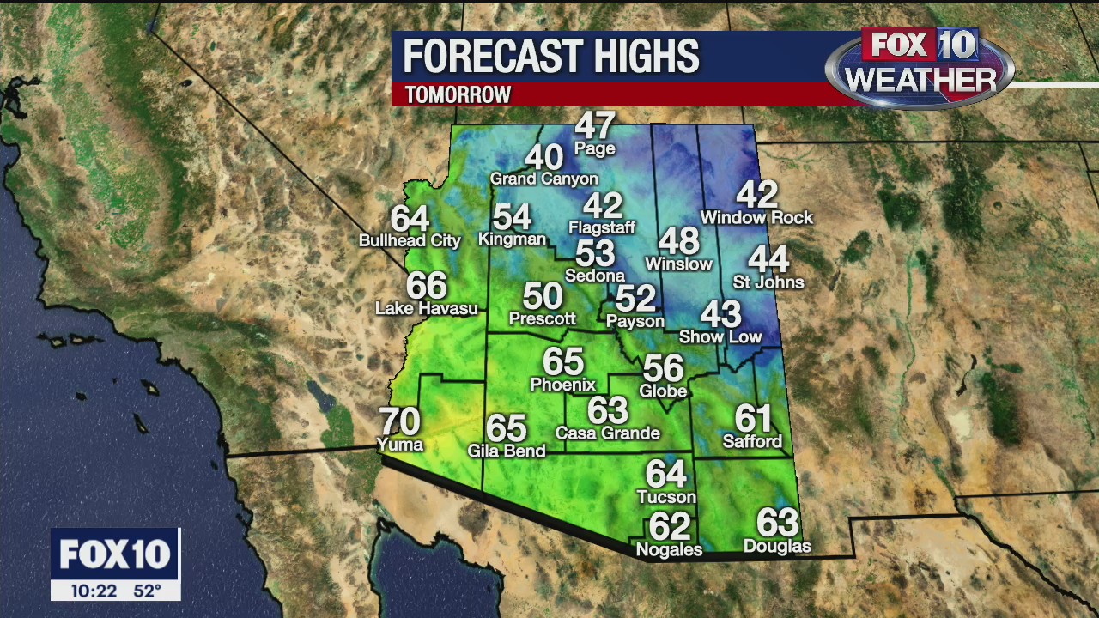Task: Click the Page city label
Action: click(x=595, y=148)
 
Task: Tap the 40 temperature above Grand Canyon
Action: click(x=543, y=157)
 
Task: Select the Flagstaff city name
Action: click(x=602, y=227)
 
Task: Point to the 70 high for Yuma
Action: click(x=399, y=421)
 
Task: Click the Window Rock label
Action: click(x=756, y=217)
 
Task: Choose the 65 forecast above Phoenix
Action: click(x=563, y=362)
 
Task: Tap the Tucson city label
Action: click(x=666, y=497)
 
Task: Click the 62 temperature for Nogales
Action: click(x=670, y=525)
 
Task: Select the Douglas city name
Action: click(x=777, y=546)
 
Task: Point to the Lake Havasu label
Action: click(x=427, y=308)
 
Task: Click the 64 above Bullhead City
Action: click(x=410, y=218)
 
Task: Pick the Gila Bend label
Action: click(x=507, y=451)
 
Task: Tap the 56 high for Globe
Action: click(x=664, y=368)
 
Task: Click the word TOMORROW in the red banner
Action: click(x=458, y=94)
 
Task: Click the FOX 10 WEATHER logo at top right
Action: click(x=920, y=66)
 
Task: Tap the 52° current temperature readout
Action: click(x=147, y=591)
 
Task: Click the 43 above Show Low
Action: click(x=720, y=314)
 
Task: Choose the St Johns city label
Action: click(x=768, y=282)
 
